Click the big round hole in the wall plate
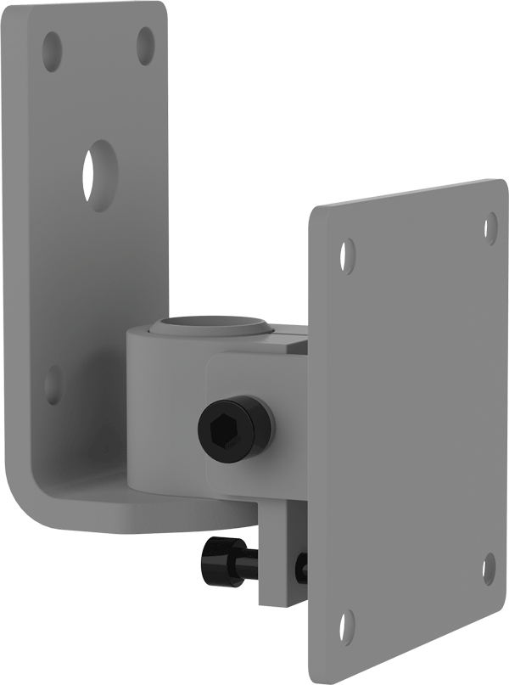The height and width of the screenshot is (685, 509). pos(99,175)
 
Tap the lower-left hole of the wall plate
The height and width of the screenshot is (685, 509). pos(53,385)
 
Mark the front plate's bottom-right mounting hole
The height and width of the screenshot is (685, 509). pos(489,569)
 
